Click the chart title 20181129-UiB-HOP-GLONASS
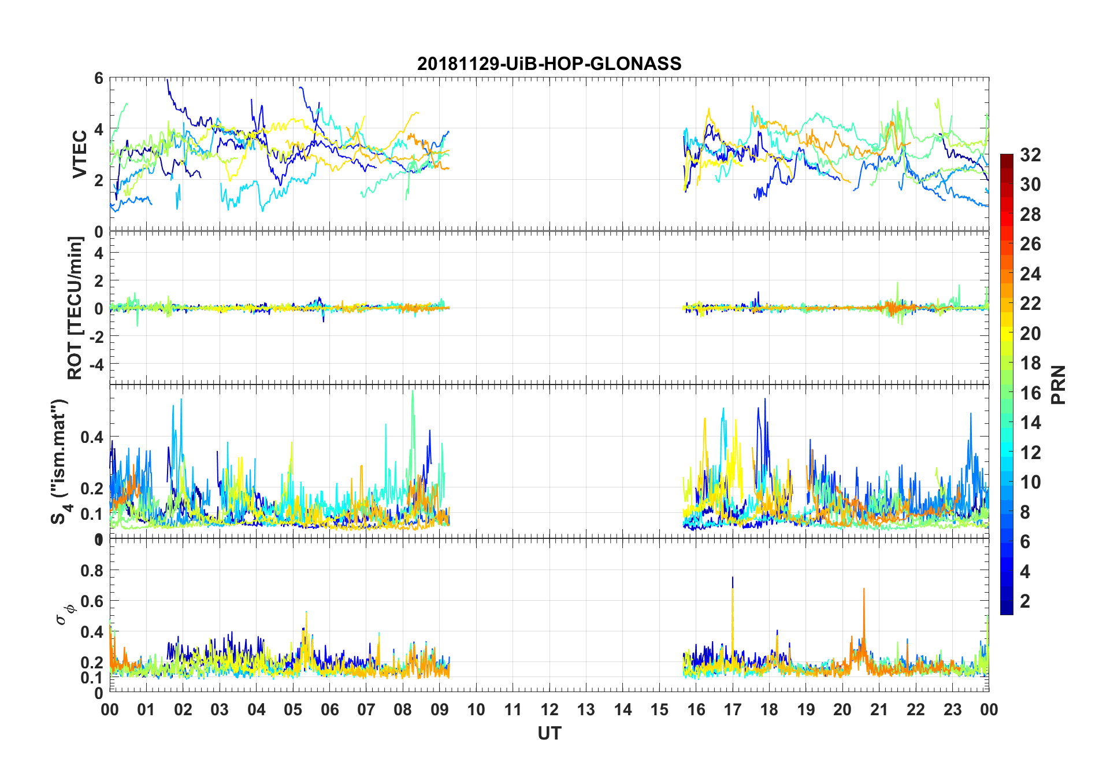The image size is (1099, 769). (549, 64)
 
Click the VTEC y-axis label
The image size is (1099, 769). (80, 154)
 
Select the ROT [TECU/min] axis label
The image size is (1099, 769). (75, 308)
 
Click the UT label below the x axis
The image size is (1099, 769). (549, 733)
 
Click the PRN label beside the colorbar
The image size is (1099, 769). (1059, 384)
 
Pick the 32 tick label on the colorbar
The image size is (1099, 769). (1030, 155)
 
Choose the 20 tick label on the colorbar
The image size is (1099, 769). (1030, 334)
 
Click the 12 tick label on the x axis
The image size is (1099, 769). (549, 709)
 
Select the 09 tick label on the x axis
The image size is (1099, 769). (440, 709)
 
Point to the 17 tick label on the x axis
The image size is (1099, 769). (733, 709)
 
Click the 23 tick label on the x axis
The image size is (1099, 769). (952, 709)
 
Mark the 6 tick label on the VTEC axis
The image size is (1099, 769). (99, 79)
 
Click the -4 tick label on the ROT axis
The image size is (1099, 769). (95, 364)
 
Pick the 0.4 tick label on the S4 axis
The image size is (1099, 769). (92, 437)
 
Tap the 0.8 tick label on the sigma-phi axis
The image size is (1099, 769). (92, 571)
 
